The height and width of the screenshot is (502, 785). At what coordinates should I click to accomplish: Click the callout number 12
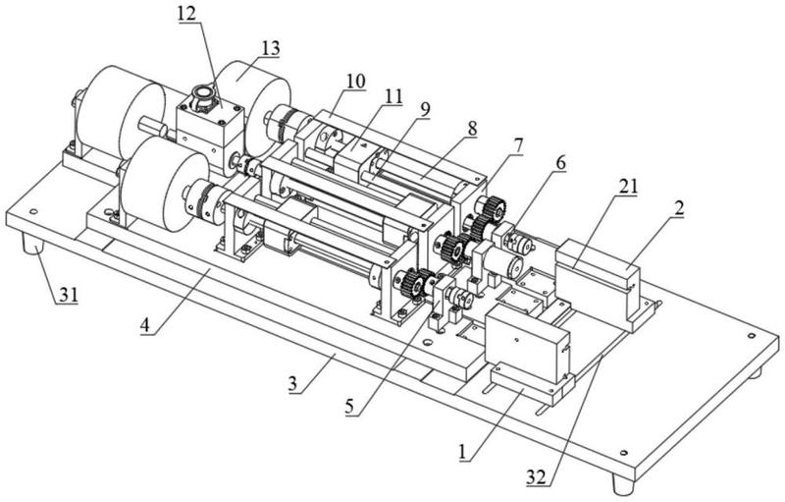(x=186, y=13)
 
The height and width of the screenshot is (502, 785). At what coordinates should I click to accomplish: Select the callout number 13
(x=270, y=48)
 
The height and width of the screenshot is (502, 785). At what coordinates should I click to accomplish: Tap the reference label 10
(x=355, y=81)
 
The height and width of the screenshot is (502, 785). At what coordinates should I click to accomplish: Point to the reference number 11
(x=393, y=96)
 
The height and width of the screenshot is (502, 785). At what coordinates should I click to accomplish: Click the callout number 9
(x=425, y=110)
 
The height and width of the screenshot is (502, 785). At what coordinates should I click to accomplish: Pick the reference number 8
(x=472, y=129)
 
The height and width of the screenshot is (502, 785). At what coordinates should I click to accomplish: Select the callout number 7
(x=518, y=145)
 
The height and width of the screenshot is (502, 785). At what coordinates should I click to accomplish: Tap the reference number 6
(x=560, y=163)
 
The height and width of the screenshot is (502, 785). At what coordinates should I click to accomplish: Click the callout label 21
(x=628, y=187)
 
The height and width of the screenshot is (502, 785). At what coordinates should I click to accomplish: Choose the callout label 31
(x=69, y=295)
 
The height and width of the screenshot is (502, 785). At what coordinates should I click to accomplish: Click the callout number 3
(x=292, y=385)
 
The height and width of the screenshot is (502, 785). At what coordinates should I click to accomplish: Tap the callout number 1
(x=463, y=453)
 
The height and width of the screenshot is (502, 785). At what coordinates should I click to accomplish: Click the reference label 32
(x=536, y=478)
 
